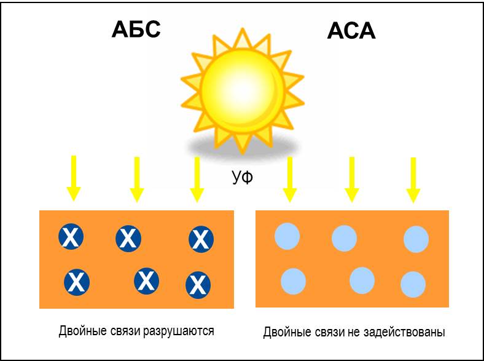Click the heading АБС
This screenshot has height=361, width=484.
coord(136,29)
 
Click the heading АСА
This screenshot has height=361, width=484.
coord(351,31)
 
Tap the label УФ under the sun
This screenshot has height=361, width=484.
coord(243,178)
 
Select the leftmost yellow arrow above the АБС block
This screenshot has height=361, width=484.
coord(74,178)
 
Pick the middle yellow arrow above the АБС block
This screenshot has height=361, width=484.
coord(136,178)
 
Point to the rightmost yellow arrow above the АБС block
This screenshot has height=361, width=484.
coord(197,178)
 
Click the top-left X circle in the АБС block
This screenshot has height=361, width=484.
coord(71,237)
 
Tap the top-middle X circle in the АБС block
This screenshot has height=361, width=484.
coord(128,238)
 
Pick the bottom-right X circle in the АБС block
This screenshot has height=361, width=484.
coord(198,284)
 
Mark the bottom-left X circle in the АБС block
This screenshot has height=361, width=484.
coord(77,282)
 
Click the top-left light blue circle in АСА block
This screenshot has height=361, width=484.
coord(287,236)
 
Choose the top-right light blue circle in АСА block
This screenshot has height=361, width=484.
coord(416,239)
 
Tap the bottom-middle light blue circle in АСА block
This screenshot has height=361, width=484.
coord(362,280)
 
